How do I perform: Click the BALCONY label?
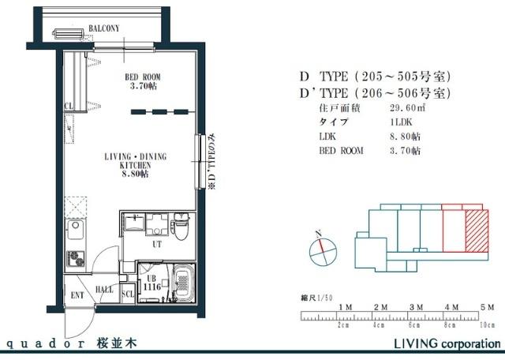point(103,28)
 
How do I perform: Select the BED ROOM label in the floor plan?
point(141,81)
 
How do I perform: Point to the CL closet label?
point(69,105)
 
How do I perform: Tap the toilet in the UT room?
point(181,228)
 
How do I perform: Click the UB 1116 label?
point(151,283)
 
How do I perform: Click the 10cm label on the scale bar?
point(488,324)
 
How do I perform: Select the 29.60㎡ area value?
point(405,107)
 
